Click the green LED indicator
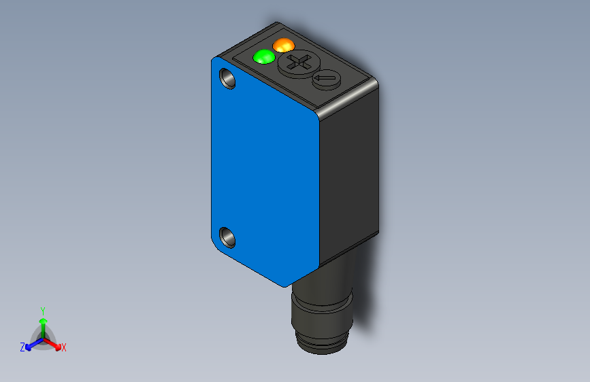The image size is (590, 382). tap(263, 56)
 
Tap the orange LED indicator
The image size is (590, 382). tap(283, 46)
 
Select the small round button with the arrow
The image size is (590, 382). tap(326, 80)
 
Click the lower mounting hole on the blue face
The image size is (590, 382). tap(227, 237)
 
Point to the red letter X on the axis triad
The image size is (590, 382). tap(64, 348)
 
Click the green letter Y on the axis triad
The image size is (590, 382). tap(42, 310)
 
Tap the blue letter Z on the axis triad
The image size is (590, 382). tap(22, 347)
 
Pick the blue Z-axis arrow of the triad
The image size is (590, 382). tap(31, 345)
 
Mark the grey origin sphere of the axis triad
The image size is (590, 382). tap(43, 338)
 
